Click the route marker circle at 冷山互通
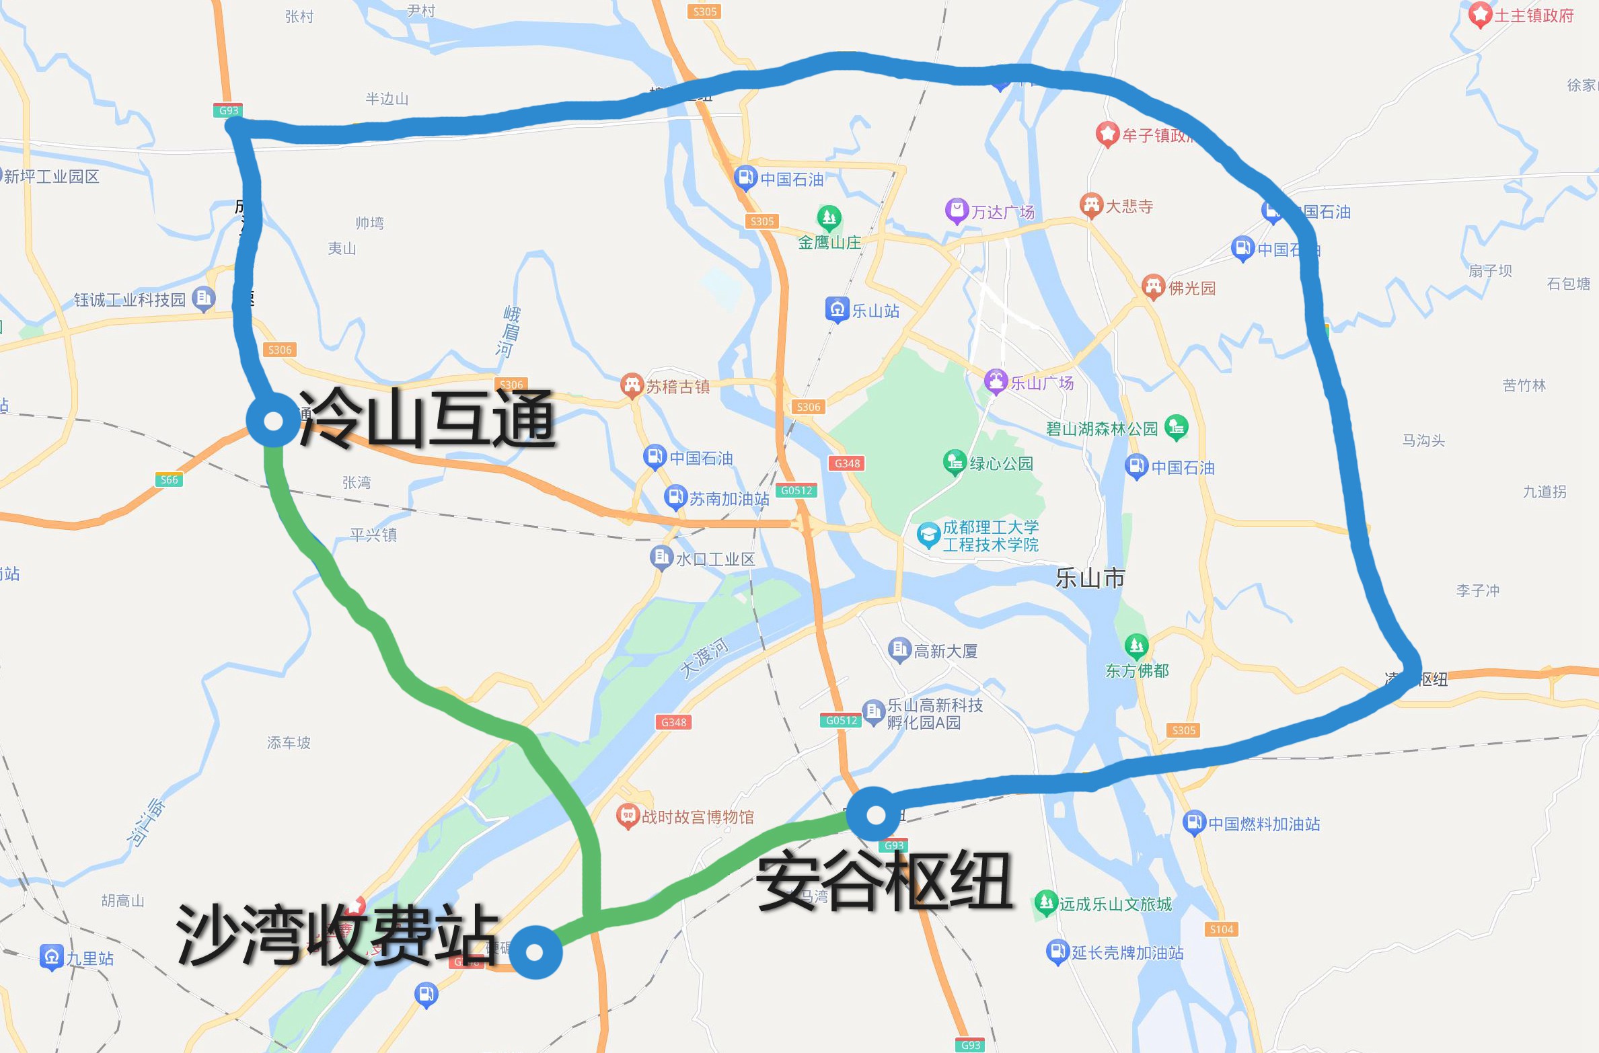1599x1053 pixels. coord(273,421)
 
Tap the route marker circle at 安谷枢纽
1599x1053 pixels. coord(875,814)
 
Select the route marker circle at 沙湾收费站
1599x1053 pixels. coord(535,951)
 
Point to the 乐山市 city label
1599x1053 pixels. coord(1090,578)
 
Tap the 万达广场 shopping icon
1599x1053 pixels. coord(956,211)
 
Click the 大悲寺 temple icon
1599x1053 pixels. coord(1090,205)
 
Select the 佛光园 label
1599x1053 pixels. coord(1192,288)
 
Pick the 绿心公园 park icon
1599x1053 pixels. coord(954,462)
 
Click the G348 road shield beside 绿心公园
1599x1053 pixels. coord(847,463)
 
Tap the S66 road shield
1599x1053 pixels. coord(169,479)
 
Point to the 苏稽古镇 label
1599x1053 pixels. coord(677,387)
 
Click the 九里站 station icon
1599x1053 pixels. coord(51,957)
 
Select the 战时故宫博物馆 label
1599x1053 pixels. coord(697,816)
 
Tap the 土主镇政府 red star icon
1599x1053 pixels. coord(1479,15)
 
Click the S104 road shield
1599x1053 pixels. coord(1221,929)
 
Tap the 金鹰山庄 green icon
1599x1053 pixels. coord(829,217)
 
